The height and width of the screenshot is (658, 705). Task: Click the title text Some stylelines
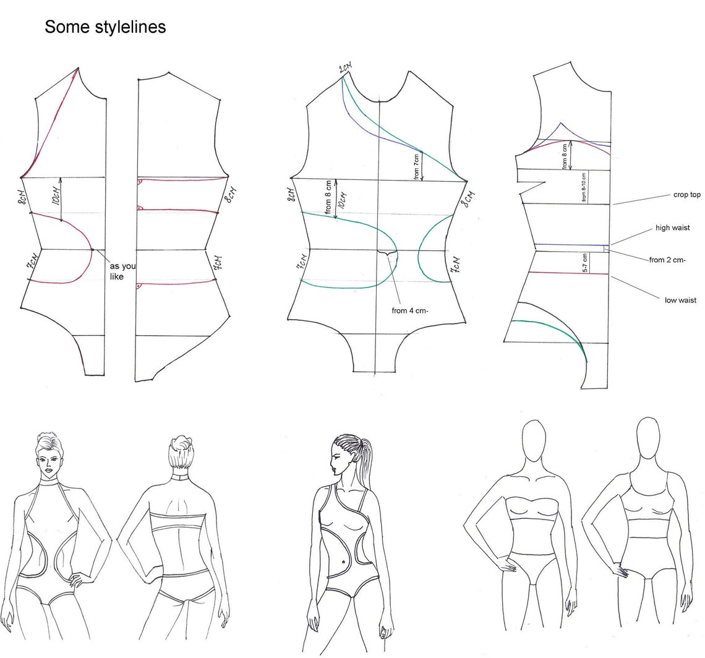point(105,27)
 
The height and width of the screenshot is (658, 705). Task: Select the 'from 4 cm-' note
point(410,310)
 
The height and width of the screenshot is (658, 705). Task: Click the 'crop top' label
point(686,195)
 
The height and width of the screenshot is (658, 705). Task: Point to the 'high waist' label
point(672,228)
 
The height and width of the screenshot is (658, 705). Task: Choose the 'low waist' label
point(680,301)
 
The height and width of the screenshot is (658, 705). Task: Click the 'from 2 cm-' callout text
point(667,260)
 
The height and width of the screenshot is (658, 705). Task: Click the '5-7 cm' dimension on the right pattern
point(585,263)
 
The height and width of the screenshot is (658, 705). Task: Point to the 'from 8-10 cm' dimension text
point(584,187)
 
